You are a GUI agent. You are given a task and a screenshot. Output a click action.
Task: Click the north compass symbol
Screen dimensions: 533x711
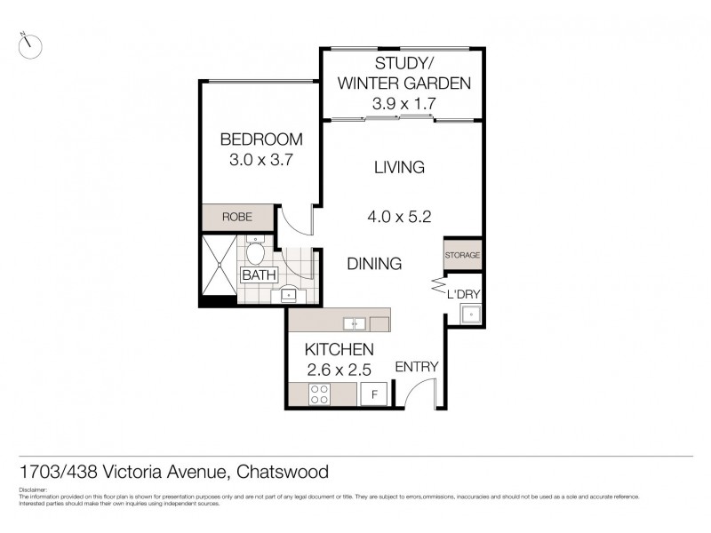click(x=30, y=44)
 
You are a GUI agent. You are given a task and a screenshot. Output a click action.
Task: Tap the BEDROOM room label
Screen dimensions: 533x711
click(x=261, y=139)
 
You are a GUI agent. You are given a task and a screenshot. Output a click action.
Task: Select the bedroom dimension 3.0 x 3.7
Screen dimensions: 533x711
click(x=261, y=161)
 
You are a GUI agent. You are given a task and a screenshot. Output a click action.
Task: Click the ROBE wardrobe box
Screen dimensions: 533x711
click(x=237, y=216)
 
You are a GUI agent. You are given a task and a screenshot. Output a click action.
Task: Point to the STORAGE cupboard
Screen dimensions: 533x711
click(x=463, y=255)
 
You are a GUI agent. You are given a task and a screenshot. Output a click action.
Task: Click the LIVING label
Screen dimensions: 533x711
click(x=399, y=167)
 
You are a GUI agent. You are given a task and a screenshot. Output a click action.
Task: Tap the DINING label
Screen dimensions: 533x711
click(x=374, y=264)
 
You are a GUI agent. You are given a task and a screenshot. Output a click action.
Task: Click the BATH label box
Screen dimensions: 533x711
click(x=259, y=275)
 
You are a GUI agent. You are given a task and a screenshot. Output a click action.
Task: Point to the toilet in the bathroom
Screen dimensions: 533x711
click(x=255, y=252)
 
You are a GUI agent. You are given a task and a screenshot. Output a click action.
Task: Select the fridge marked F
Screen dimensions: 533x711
click(x=374, y=394)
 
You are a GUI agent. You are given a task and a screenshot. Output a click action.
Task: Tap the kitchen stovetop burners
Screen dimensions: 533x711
click(x=319, y=394)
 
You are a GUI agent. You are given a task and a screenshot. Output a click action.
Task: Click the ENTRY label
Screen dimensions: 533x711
click(x=416, y=367)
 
